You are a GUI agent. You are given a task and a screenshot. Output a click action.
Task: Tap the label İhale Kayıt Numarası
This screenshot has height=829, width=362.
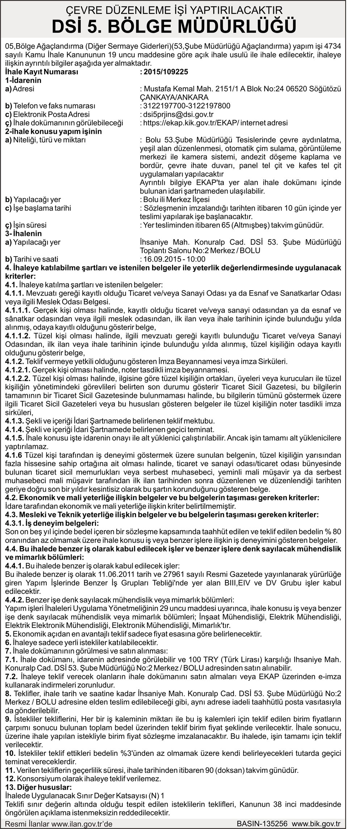[x=42, y=72]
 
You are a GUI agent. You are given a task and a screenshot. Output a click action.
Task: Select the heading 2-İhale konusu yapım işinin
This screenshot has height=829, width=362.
[x=54, y=131]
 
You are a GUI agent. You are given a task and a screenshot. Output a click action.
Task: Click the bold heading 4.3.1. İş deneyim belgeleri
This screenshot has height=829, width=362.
[x=52, y=523]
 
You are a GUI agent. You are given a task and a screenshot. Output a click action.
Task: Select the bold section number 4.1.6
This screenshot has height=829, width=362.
[x=13, y=455]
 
